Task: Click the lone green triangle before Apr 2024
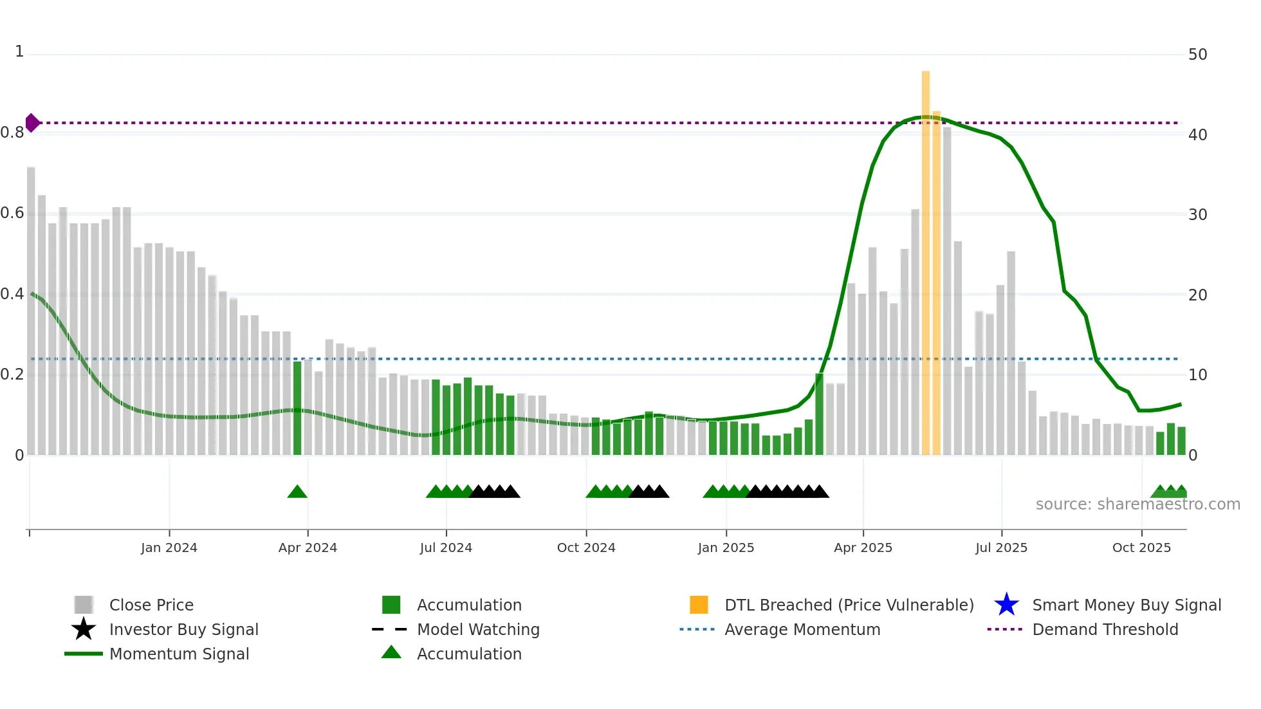coord(297,492)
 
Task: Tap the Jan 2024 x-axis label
coord(169,548)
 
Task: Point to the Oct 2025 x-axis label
coord(1141,548)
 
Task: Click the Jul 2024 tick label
coord(446,548)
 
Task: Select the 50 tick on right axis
coord(1197,55)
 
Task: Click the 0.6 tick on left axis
coord(13,213)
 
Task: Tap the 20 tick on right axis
coord(1197,295)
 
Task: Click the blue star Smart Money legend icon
coord(1006,605)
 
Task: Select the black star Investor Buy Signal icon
coord(84,629)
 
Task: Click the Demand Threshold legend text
coord(1105,629)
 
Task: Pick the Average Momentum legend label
coord(802,629)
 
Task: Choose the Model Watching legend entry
coord(477,629)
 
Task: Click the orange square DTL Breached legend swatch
coord(699,605)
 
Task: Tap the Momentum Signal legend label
coord(179,654)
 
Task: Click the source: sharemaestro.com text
coord(1137,504)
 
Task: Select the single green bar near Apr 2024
coord(297,409)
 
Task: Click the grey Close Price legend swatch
coord(84,605)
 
